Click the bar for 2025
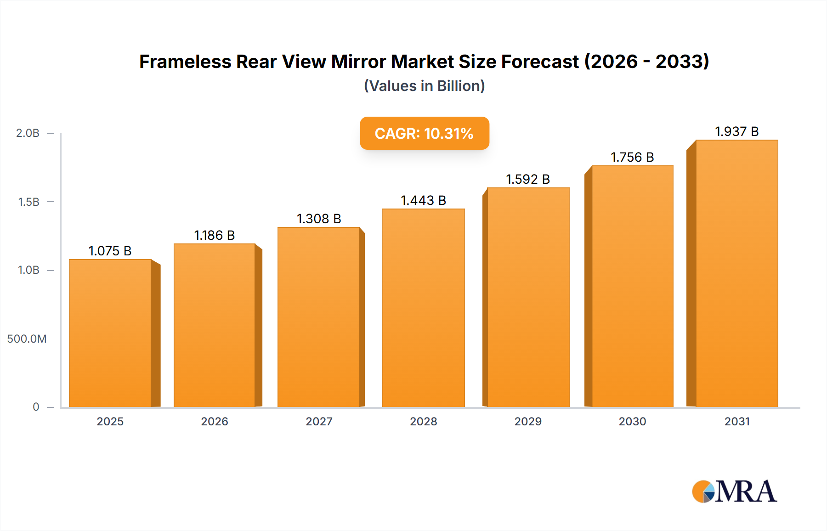(110, 333)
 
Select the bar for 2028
(423, 308)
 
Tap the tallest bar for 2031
(736, 273)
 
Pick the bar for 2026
(215, 325)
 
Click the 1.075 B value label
(110, 251)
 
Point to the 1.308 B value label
(319, 219)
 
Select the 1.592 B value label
(528, 179)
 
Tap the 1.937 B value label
(736, 131)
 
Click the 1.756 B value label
(632, 157)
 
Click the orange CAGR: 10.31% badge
(424, 133)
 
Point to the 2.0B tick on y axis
(28, 133)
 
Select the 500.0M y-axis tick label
(27, 339)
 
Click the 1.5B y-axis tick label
(28, 202)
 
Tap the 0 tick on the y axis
(36, 407)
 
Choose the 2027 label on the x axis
(319, 421)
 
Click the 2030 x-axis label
(632, 421)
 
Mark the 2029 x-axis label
(528, 421)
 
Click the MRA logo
(734, 491)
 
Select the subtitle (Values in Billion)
(424, 86)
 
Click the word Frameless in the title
(185, 62)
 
